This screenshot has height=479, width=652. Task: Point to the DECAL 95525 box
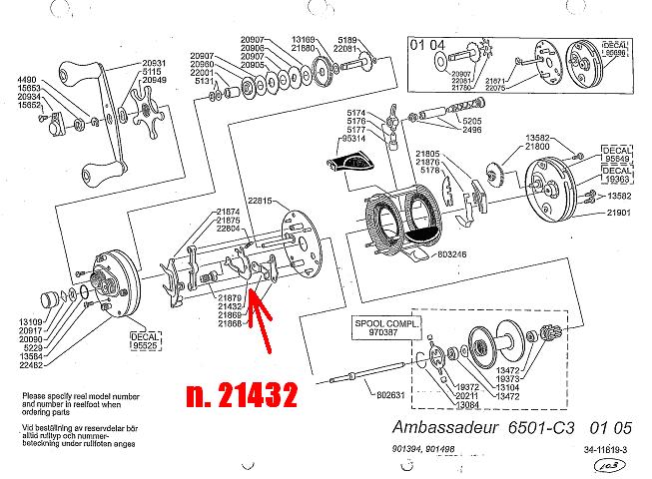tap(147, 341)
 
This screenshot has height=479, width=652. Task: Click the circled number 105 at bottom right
tap(630, 465)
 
